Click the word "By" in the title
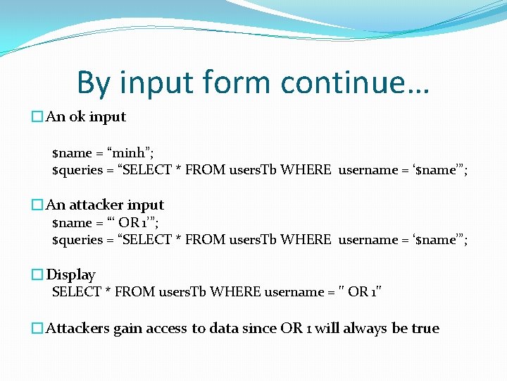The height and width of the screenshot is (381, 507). (x=94, y=83)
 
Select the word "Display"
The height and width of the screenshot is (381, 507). (x=70, y=275)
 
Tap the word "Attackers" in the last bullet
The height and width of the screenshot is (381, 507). (x=78, y=329)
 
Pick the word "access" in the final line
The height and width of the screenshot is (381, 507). (x=167, y=329)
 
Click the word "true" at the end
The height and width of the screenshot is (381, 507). (x=425, y=329)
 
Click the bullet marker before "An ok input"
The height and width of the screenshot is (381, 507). (x=37, y=117)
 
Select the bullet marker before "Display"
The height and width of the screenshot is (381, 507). (x=37, y=275)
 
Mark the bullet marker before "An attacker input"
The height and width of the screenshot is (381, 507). (x=37, y=205)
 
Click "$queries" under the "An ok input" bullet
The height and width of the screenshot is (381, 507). (x=77, y=170)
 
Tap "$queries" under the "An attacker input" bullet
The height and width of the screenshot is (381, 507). (x=77, y=240)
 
